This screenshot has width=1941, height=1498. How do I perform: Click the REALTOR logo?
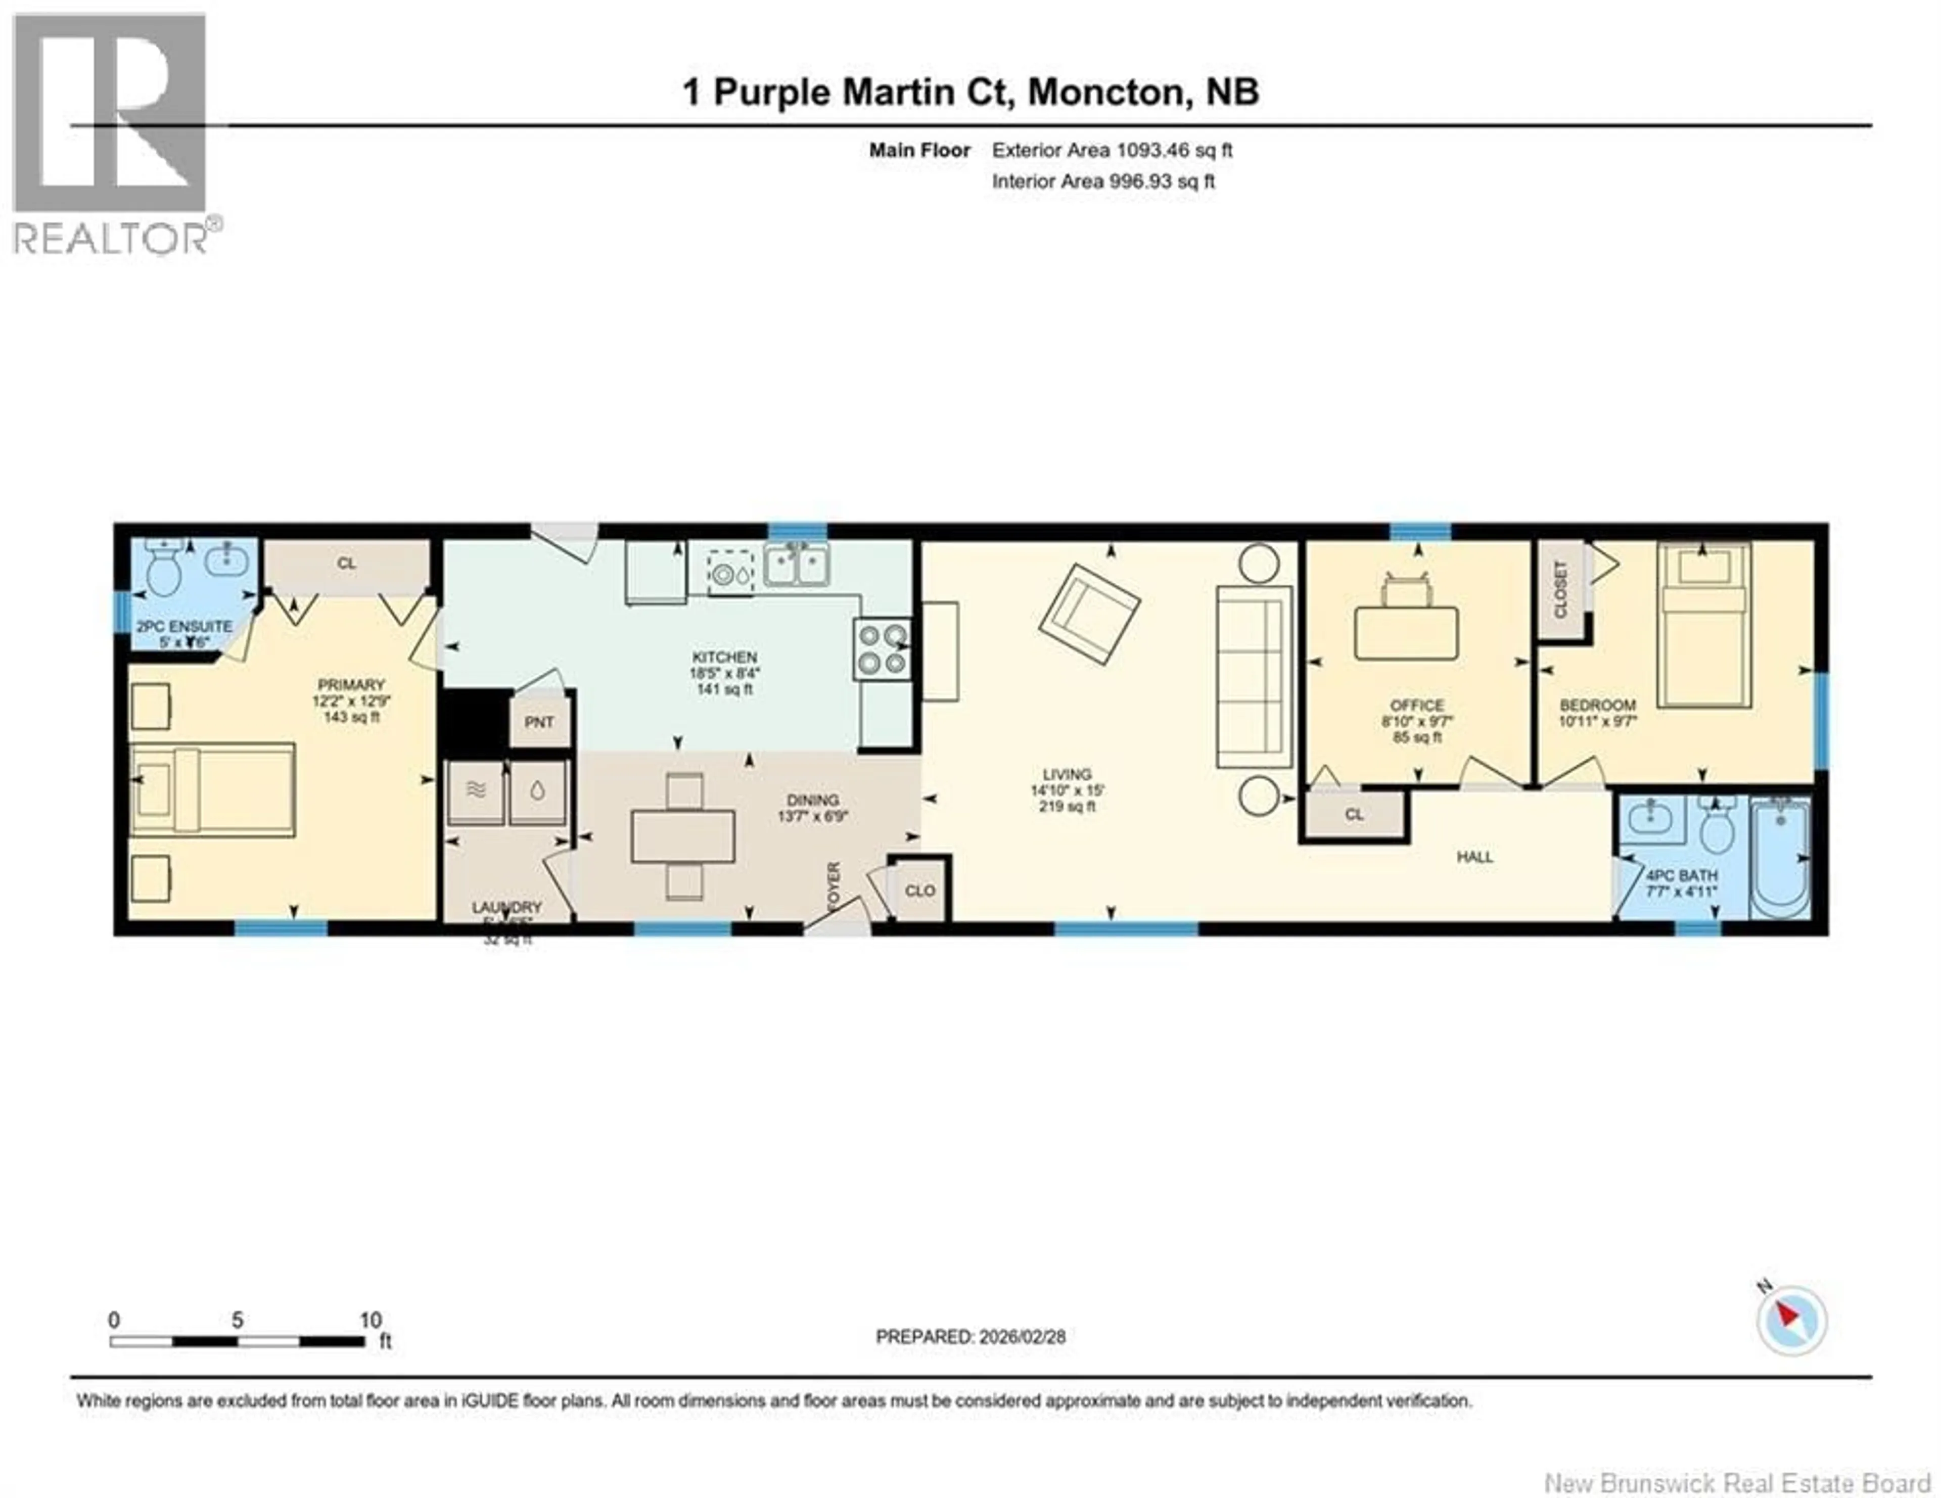[x=111, y=133]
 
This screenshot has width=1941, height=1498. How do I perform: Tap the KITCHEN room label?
[x=724, y=658]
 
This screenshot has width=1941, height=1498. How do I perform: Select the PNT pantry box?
[x=538, y=722]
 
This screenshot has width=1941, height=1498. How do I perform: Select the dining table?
[x=682, y=837]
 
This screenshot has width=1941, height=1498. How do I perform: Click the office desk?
[x=1406, y=633]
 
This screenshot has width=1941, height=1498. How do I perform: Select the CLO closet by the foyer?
[x=920, y=891]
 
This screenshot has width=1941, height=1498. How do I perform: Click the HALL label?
[x=1474, y=857]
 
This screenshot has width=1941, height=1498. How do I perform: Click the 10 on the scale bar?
[x=371, y=1320]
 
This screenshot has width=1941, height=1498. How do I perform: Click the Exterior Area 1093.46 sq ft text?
[x=1112, y=150]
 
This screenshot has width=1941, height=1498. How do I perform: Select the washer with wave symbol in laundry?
[x=476, y=791]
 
